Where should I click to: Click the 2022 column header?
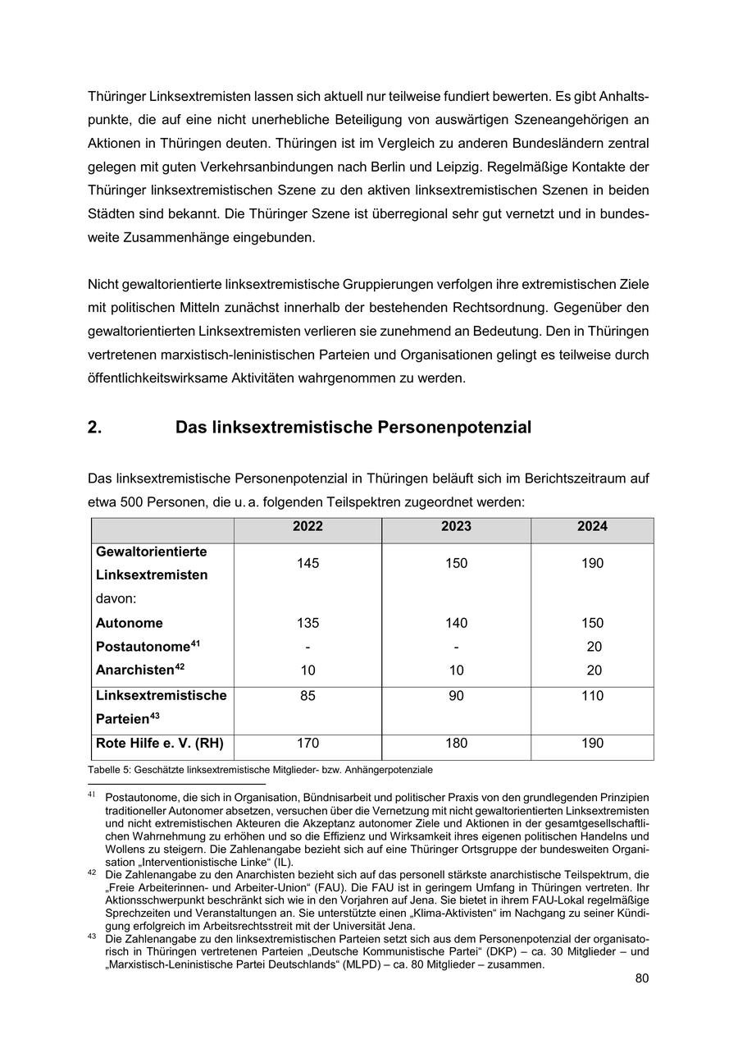(x=307, y=527)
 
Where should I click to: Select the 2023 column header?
(x=456, y=527)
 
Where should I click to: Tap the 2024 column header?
(x=592, y=527)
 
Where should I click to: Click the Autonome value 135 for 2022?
(x=307, y=623)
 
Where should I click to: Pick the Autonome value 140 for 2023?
(x=456, y=623)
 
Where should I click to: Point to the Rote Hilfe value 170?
(x=307, y=744)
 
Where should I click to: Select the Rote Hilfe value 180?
(x=456, y=744)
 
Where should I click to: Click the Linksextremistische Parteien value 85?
(x=307, y=696)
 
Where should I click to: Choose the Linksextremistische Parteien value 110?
(x=592, y=696)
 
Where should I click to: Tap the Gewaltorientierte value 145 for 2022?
(x=307, y=563)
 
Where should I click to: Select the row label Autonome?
(x=130, y=623)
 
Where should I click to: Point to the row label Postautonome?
(x=143, y=647)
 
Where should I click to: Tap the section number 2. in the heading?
(x=94, y=428)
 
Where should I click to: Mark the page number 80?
(x=641, y=978)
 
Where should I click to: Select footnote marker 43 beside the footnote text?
(x=92, y=936)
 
